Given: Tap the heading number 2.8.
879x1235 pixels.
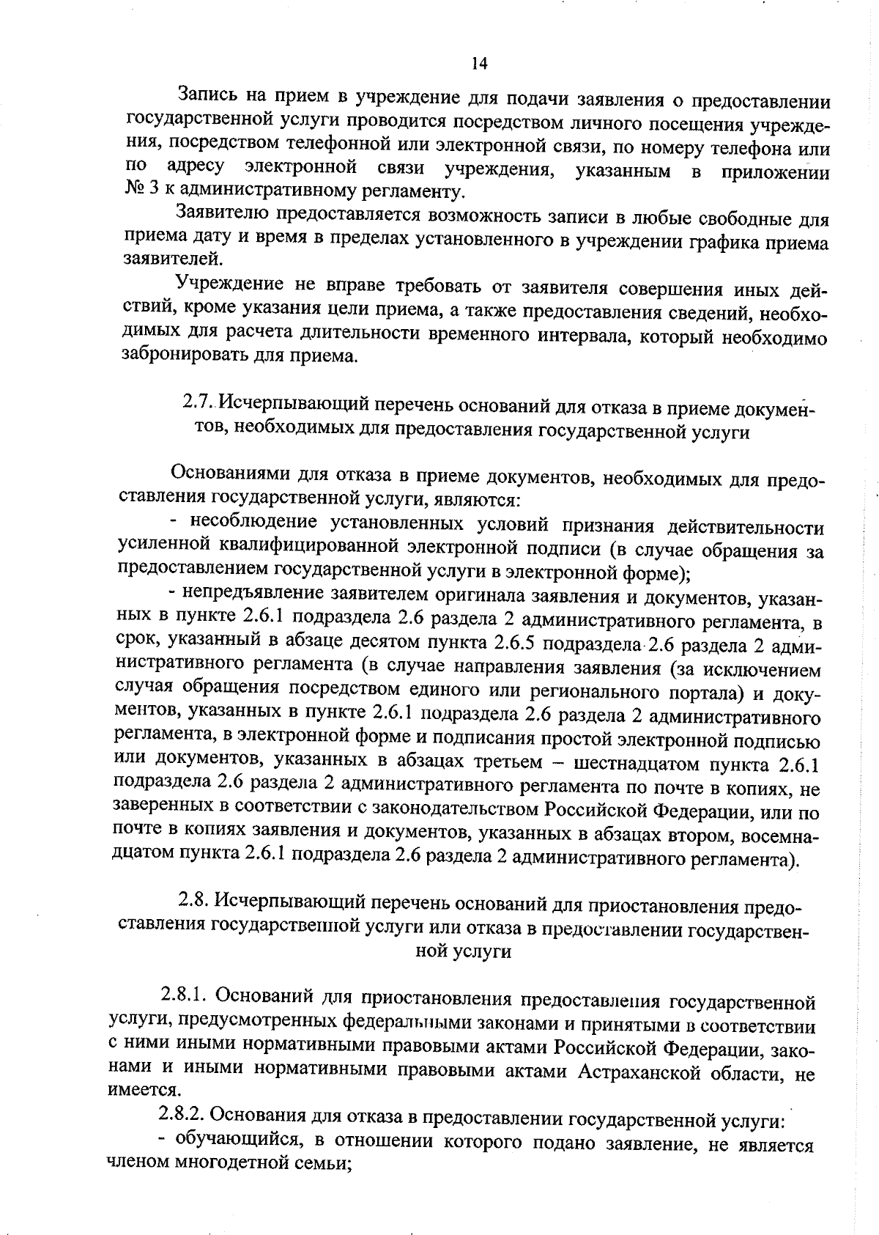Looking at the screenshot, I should pyautogui.click(x=195, y=900).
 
